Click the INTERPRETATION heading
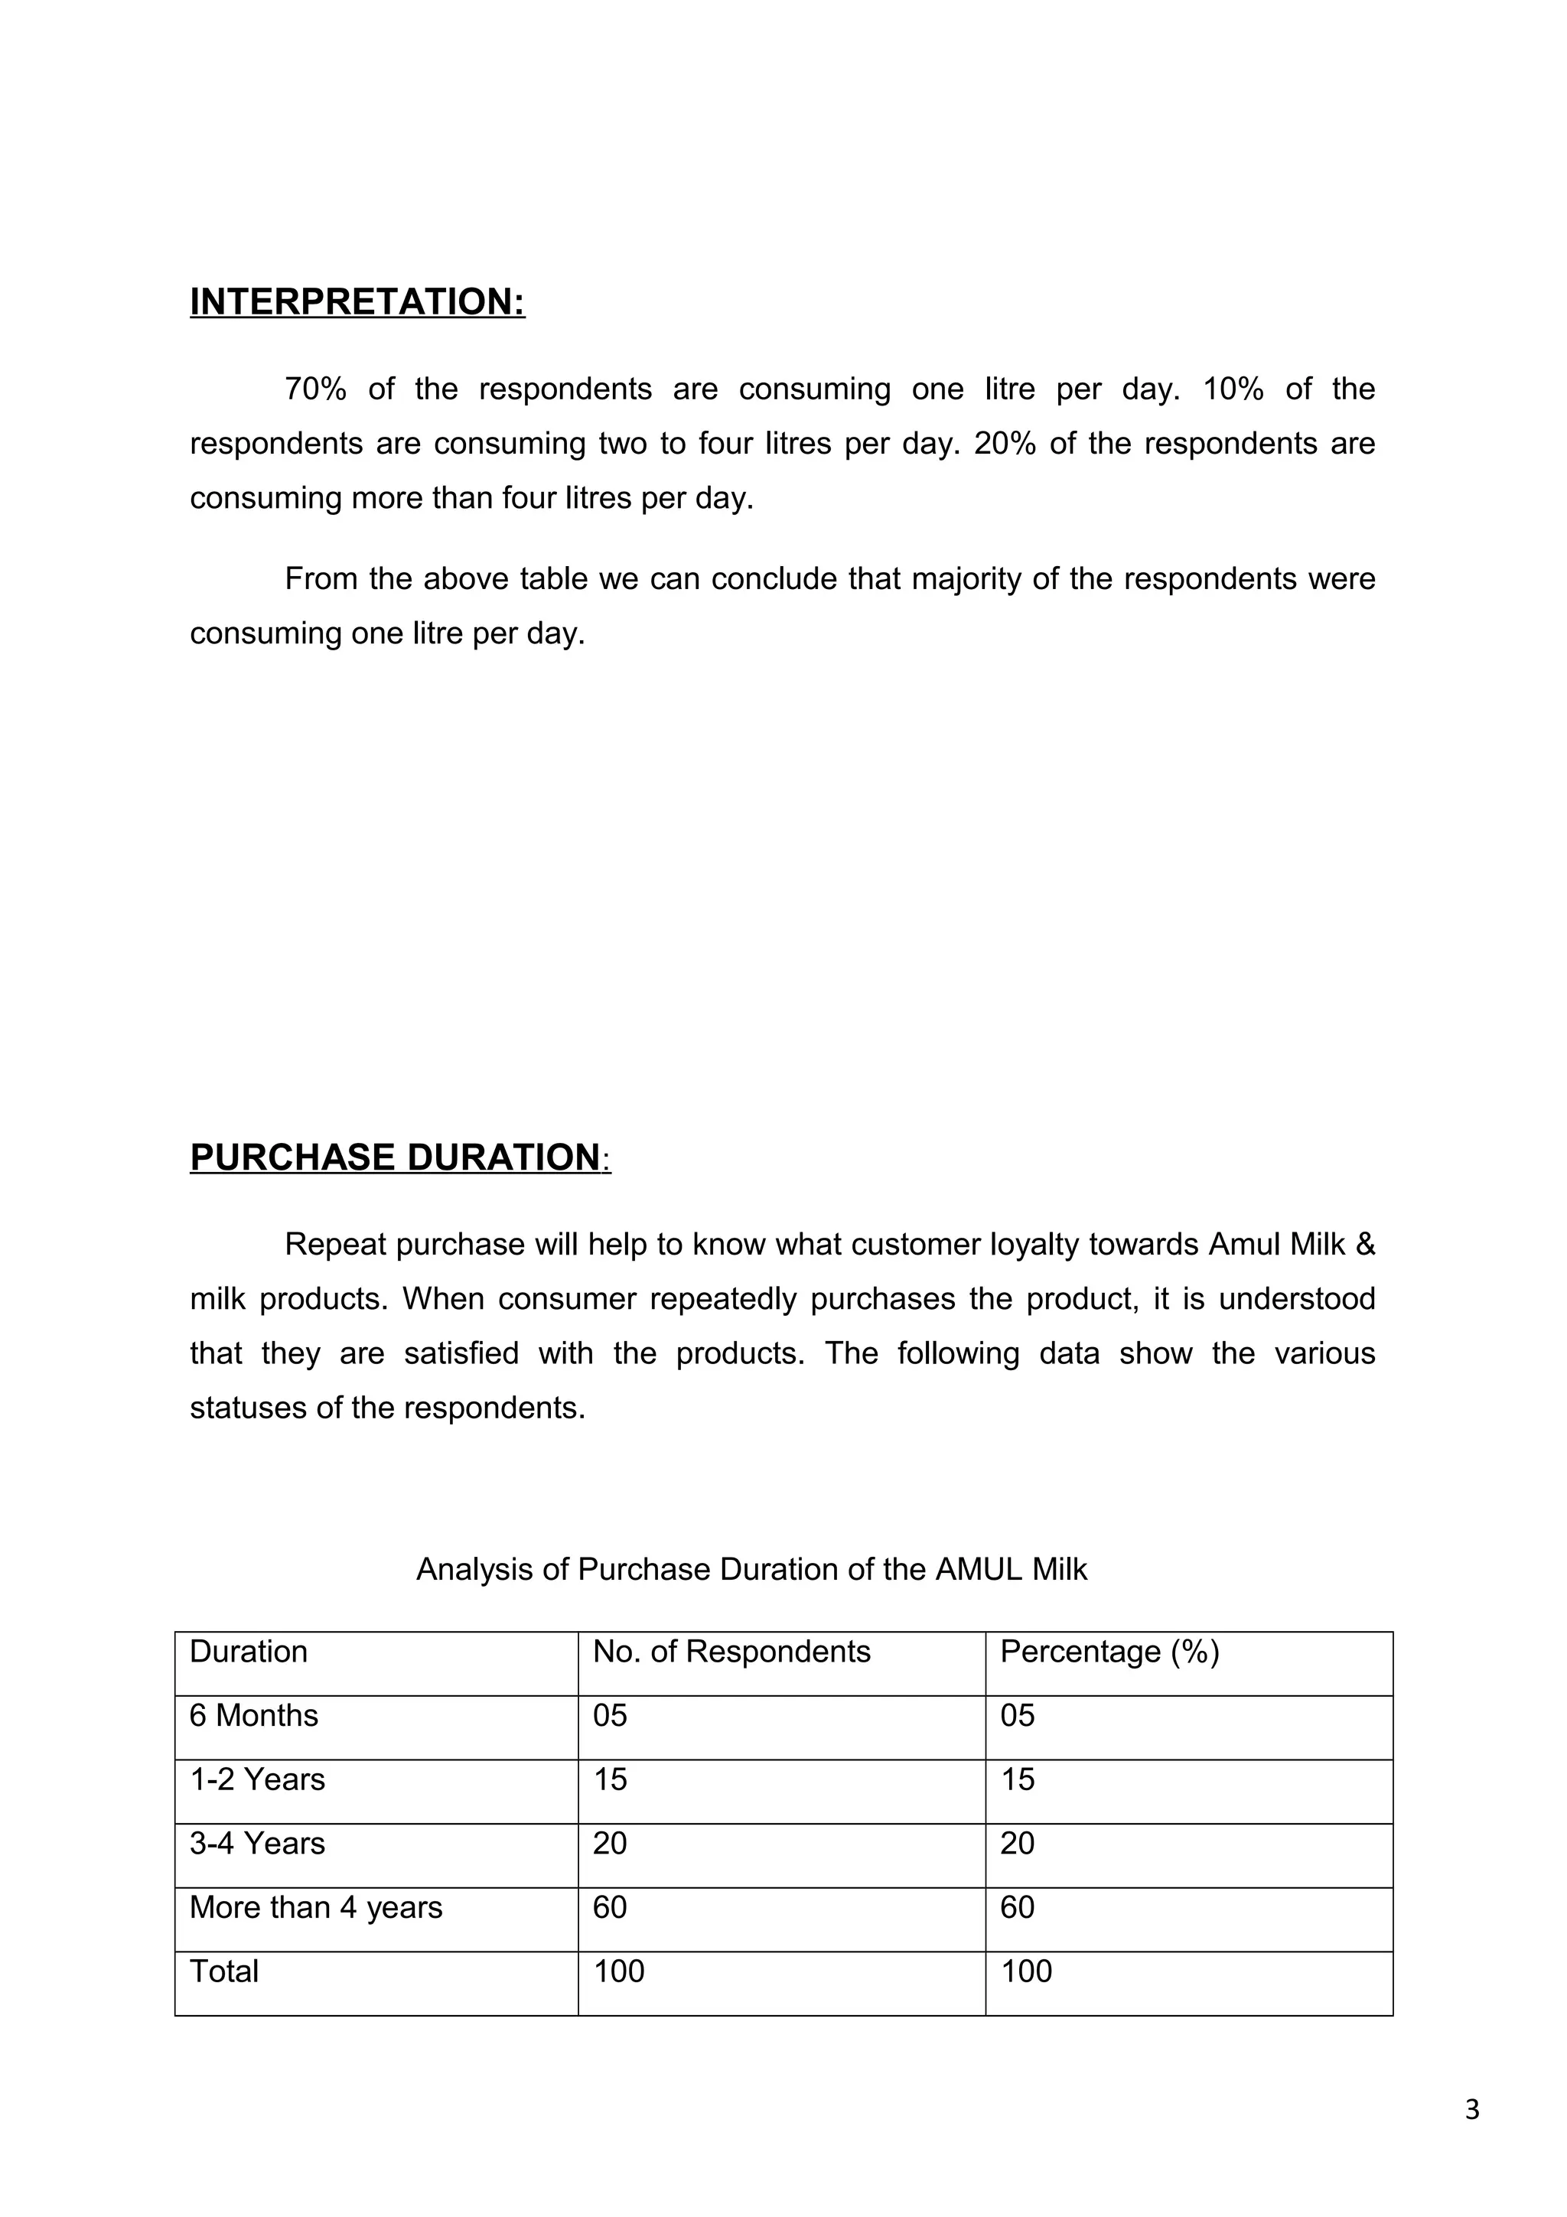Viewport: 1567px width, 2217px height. (x=357, y=301)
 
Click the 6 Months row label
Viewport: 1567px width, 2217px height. (x=253, y=1715)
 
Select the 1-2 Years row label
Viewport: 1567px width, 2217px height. (x=257, y=1779)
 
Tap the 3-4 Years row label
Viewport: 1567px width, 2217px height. (x=257, y=1844)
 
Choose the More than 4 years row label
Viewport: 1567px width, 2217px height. (x=316, y=1907)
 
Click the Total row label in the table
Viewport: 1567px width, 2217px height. (x=224, y=1971)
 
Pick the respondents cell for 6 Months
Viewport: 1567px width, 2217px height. (x=610, y=1715)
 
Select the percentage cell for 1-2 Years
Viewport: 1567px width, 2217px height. (x=1018, y=1779)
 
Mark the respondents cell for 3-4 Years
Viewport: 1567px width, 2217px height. (x=610, y=1844)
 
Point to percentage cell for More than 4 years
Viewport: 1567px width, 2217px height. (x=1018, y=1907)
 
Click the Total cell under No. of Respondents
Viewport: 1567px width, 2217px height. (x=619, y=1971)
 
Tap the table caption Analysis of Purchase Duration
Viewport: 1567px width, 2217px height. (x=751, y=1569)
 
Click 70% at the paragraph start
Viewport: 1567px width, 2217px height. (x=314, y=389)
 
